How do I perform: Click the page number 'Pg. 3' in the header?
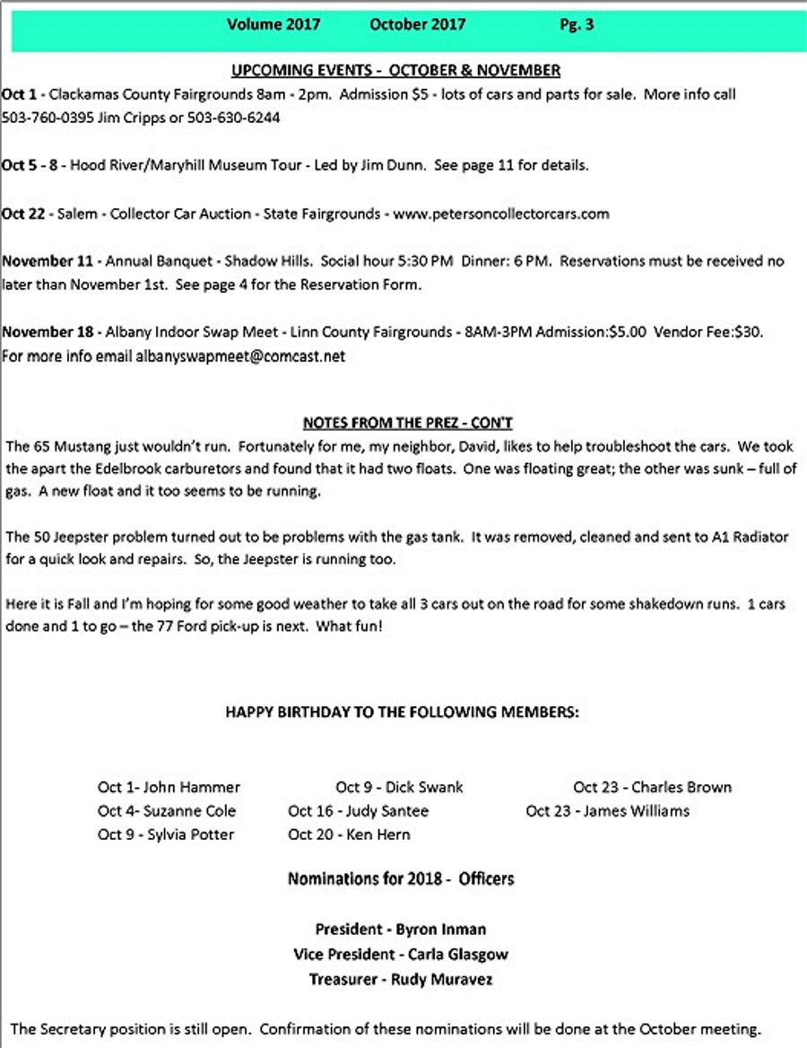576,25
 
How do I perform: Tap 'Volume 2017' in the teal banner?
273,25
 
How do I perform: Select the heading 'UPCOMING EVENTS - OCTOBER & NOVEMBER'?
395,70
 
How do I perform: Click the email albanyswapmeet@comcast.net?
240,356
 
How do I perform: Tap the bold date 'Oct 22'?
24,214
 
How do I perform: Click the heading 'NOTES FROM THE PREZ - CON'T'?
408,423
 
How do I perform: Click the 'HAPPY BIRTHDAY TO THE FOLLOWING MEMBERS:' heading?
403,712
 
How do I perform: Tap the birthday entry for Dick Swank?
400,787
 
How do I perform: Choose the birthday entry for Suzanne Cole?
167,810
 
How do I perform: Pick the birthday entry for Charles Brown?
653,787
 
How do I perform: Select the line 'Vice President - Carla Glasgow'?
401,955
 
